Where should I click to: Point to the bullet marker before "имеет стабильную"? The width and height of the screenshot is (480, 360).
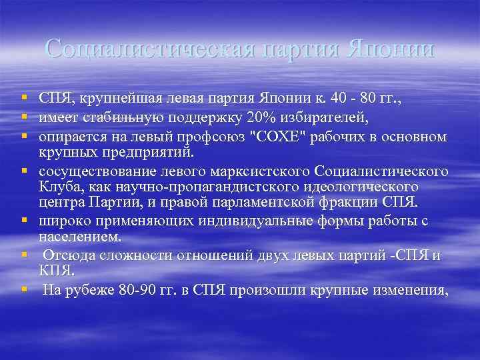(24, 118)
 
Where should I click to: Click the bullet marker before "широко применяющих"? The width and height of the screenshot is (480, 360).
(24, 221)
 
